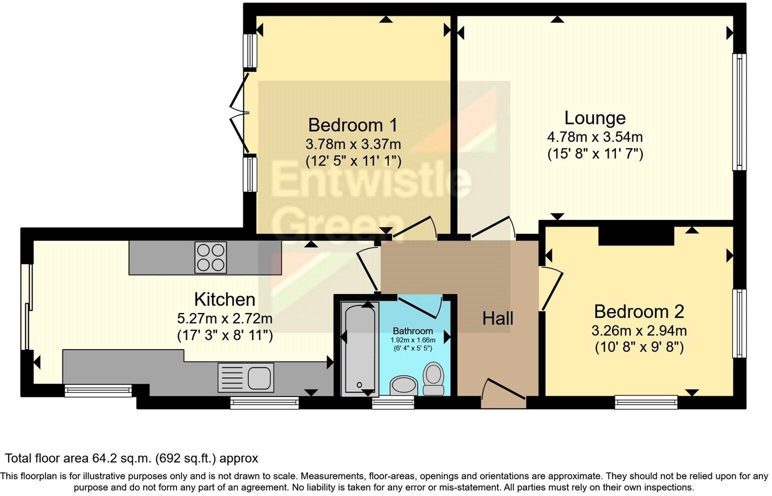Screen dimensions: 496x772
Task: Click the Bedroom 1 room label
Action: click(353, 124)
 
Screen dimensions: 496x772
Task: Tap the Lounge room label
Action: click(595, 118)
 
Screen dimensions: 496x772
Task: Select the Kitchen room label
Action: click(224, 299)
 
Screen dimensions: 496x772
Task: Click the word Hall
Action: click(498, 318)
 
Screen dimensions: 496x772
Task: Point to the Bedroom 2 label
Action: click(639, 311)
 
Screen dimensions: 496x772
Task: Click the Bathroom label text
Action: click(412, 331)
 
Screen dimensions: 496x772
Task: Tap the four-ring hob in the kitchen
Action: click(210, 257)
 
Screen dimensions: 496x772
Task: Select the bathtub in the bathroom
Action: click(358, 347)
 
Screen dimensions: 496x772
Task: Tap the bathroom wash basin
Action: click(404, 385)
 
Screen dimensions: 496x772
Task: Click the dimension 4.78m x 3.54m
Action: click(595, 136)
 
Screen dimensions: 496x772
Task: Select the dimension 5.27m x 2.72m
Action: click(224, 318)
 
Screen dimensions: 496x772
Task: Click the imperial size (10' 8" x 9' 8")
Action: click(639, 347)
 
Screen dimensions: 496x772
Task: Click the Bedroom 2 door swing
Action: click(551, 287)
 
